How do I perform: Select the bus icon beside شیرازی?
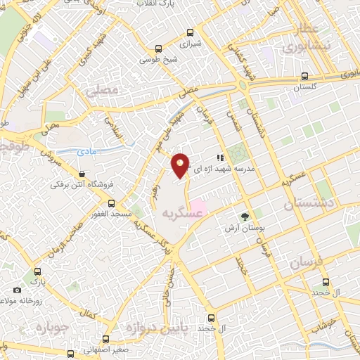tap(158, 49)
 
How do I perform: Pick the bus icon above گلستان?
tap(304, 76)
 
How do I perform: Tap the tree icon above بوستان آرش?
tap(245, 217)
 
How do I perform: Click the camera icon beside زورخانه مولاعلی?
tap(18, 290)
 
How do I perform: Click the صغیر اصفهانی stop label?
tap(106, 349)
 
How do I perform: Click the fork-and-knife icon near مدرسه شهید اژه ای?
tap(219, 158)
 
